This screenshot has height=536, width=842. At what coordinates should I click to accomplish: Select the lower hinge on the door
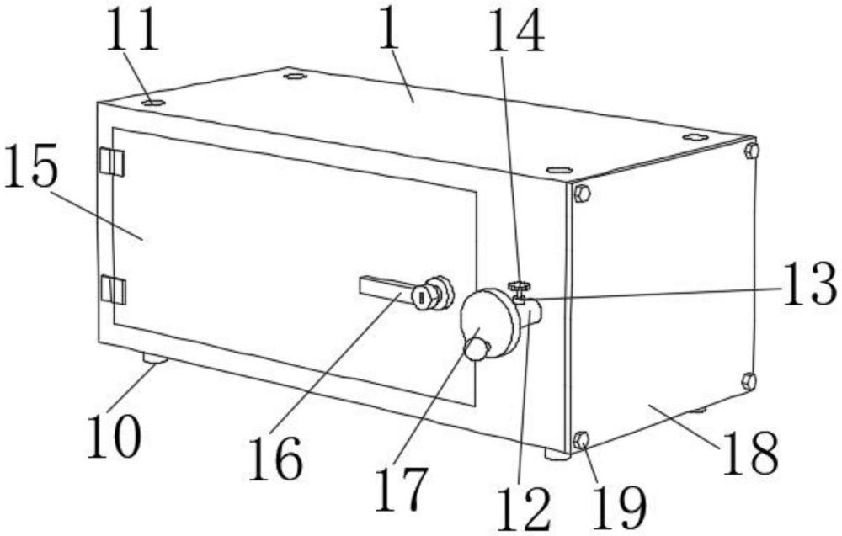click(112, 289)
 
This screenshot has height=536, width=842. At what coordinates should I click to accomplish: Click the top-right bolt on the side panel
click(752, 151)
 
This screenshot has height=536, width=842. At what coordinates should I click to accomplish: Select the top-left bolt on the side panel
click(581, 194)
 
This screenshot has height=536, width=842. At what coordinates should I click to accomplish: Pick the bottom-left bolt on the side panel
click(580, 439)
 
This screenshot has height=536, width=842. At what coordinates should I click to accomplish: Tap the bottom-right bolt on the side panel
click(749, 381)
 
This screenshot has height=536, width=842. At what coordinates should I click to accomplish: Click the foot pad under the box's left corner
click(155, 359)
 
